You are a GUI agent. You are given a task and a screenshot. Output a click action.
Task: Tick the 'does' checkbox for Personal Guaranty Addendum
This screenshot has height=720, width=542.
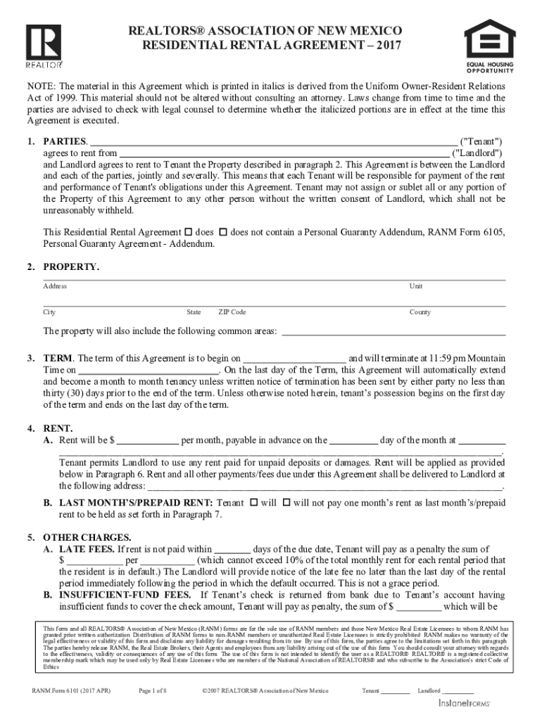click(x=188, y=231)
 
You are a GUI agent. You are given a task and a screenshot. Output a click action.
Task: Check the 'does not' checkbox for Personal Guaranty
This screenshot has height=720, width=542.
click(x=223, y=231)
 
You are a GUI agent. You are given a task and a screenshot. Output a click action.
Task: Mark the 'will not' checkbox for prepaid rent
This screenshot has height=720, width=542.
click(x=286, y=503)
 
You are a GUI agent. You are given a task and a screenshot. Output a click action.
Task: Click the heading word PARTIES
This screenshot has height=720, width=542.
click(x=65, y=141)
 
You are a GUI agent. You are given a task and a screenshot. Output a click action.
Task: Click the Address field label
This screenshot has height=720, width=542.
click(x=55, y=286)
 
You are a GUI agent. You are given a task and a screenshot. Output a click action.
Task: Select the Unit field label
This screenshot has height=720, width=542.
click(x=416, y=286)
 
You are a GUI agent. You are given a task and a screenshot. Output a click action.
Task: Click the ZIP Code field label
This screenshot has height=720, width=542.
click(x=232, y=312)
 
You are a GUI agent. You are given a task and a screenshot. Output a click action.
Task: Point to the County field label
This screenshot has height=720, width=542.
click(x=420, y=312)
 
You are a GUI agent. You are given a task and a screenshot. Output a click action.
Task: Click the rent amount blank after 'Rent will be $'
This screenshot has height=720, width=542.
click(x=147, y=441)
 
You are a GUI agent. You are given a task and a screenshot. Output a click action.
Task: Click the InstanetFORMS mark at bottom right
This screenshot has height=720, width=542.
click(x=465, y=703)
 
